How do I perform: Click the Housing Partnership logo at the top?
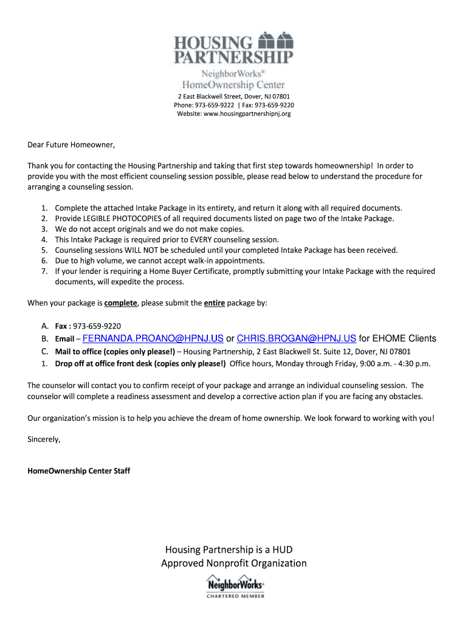point(234,60)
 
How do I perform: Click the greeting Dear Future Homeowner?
point(71,145)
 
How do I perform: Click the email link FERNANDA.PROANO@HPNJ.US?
point(153,338)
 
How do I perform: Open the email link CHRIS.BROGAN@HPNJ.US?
point(296,338)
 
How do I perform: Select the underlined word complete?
point(121,302)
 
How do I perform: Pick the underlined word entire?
point(215,302)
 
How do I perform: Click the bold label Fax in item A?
point(61,326)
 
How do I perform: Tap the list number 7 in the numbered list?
point(44,271)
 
